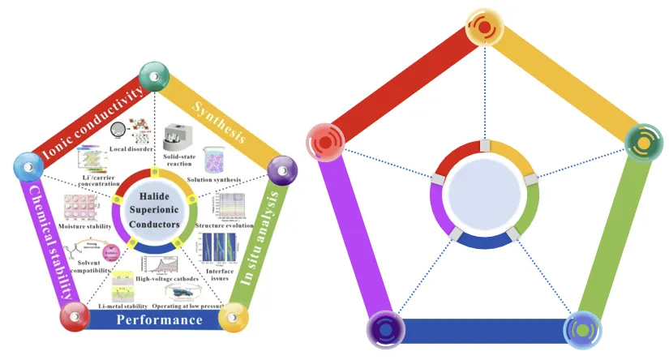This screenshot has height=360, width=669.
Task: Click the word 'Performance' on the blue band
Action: coord(160,320)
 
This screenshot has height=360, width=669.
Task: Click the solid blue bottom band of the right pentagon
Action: coord(482,331)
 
